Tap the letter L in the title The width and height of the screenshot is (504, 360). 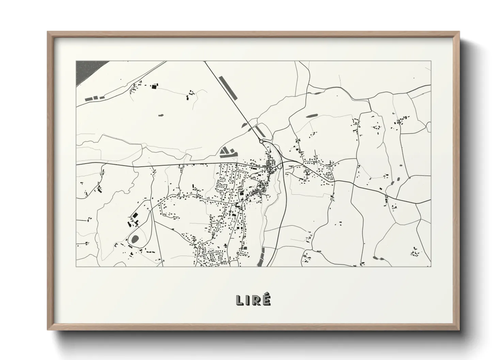[239, 300]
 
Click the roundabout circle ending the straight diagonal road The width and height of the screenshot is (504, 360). [261, 141]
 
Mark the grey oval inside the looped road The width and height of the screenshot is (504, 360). [135, 239]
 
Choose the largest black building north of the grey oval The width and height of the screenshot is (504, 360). [135, 215]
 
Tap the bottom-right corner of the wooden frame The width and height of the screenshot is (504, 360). [459, 330]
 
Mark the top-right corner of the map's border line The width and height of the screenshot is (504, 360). [431, 61]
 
